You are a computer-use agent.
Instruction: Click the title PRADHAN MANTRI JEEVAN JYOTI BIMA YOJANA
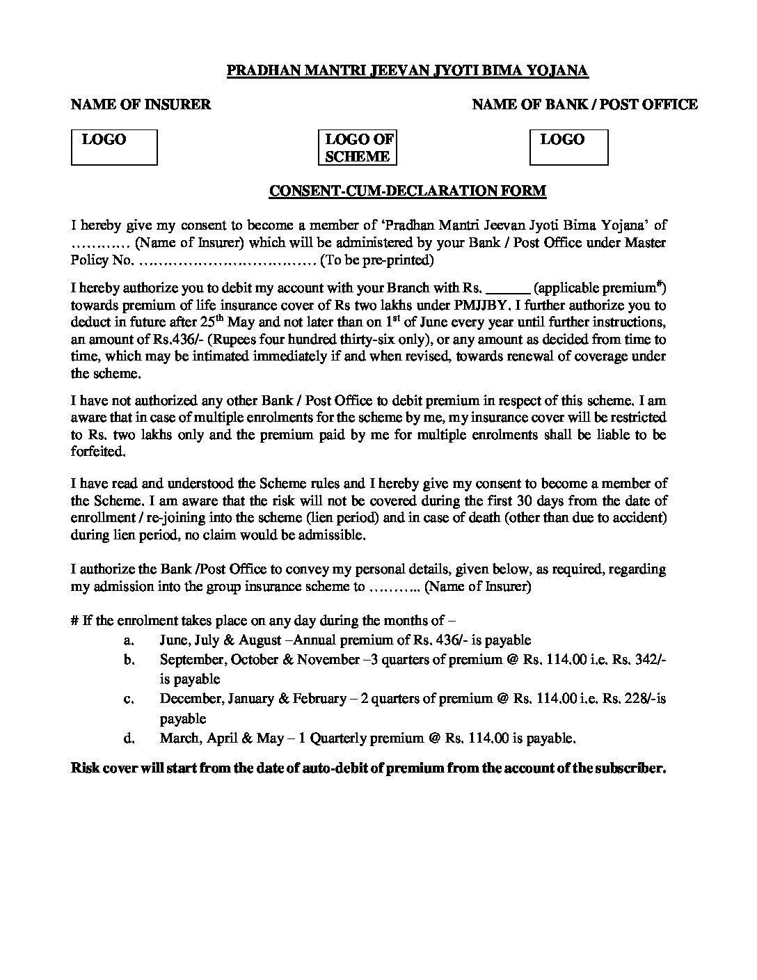[x=408, y=70]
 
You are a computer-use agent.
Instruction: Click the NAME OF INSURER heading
[x=141, y=104]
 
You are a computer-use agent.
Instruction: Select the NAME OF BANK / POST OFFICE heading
[x=584, y=104]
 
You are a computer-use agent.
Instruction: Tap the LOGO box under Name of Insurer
[x=114, y=148]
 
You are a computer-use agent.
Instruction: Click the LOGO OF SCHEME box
[x=358, y=148]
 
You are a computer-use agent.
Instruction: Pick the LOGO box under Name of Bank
[x=568, y=148]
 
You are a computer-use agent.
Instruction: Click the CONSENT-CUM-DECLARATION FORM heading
[x=408, y=191]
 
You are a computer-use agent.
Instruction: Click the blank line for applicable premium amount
[x=511, y=288]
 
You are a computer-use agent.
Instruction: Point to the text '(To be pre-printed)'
[x=376, y=260]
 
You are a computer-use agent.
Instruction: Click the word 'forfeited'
[x=99, y=451]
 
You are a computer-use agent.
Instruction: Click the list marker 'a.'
[x=129, y=640]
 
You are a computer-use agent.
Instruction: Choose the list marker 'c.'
[x=129, y=698]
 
